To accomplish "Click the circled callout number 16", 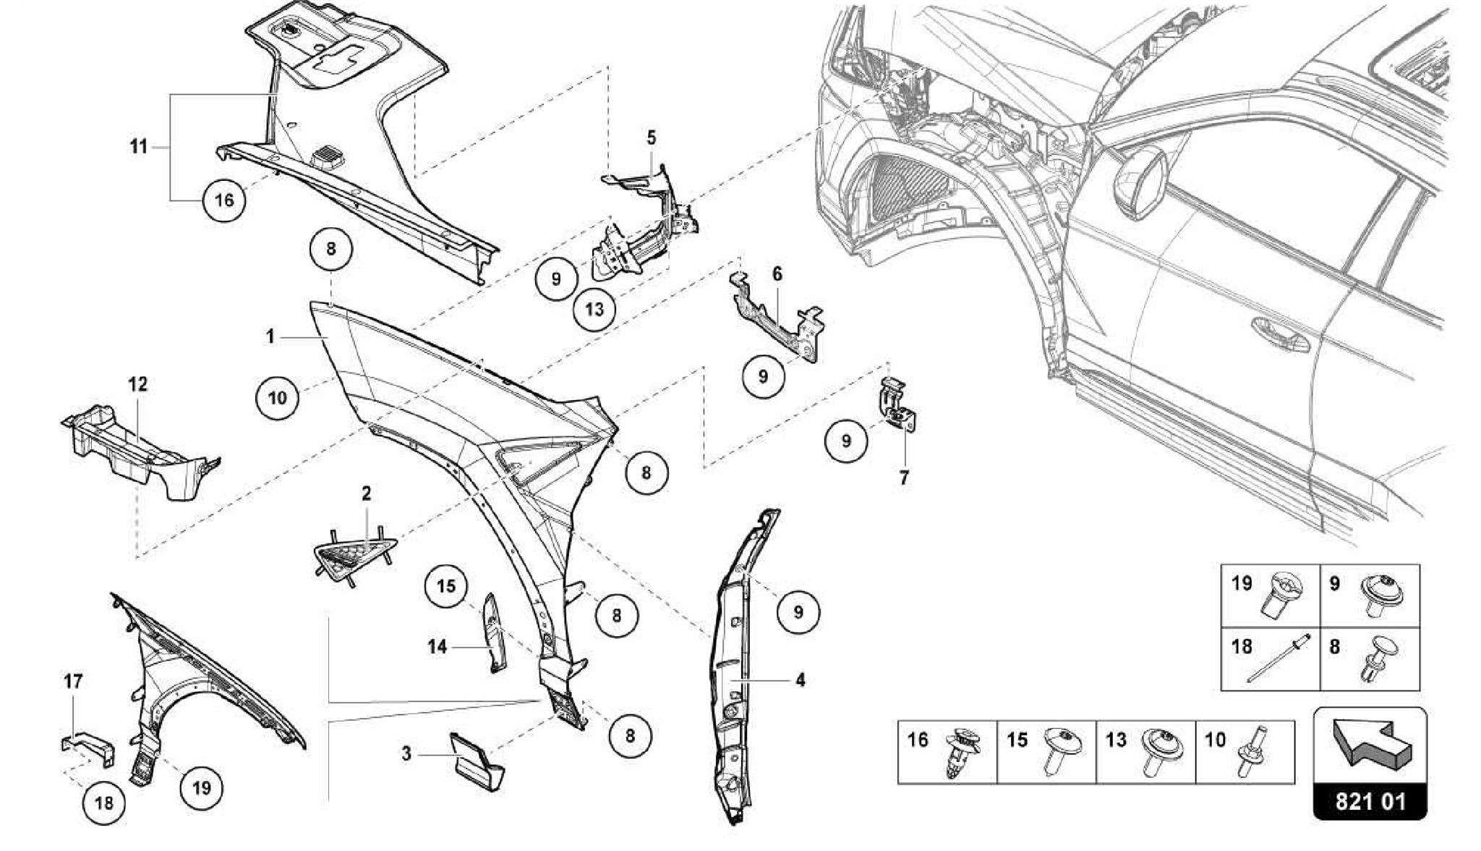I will click(x=224, y=199).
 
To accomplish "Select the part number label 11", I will click(x=138, y=147).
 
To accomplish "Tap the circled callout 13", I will click(x=594, y=310).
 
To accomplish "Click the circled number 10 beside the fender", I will click(x=277, y=397).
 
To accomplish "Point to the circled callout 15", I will click(x=446, y=585).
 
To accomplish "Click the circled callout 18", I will click(x=104, y=803).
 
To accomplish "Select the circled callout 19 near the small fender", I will click(x=201, y=787).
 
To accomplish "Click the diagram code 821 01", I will click(x=1370, y=802).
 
